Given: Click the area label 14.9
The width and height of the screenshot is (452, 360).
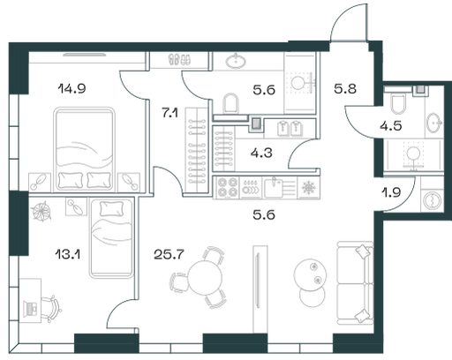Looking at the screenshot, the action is (72, 88).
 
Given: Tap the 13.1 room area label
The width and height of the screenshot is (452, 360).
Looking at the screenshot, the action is (68, 254).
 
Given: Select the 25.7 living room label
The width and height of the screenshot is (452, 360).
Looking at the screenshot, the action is (169, 254).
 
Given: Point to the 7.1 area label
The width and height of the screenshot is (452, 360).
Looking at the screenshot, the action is (169, 113).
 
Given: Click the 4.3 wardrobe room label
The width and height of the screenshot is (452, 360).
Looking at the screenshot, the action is (261, 153).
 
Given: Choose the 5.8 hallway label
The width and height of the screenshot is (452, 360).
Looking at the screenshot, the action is (345, 88).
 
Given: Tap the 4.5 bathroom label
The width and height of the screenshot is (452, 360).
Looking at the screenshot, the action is (391, 126).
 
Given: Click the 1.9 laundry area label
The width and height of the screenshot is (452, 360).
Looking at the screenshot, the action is (391, 192).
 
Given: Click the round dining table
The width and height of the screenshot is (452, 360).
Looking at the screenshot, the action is (205, 277).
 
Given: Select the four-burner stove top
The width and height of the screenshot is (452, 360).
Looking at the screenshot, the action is (227, 187).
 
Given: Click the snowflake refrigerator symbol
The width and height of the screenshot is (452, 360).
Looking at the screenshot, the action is (308, 188).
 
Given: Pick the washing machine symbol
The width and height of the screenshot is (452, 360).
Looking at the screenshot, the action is (433, 200).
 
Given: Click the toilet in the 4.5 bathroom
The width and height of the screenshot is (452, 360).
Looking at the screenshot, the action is (398, 103).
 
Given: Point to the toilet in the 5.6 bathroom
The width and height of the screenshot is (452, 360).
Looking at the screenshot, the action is (230, 103).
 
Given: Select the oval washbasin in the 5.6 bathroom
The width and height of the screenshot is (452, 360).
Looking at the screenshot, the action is (236, 61).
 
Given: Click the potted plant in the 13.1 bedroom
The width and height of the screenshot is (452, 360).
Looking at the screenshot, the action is (41, 211).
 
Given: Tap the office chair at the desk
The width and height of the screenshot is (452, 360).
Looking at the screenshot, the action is (52, 309).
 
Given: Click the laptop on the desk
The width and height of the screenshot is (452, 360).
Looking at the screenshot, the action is (30, 309).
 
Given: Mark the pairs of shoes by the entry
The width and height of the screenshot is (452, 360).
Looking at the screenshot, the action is (179, 60).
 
